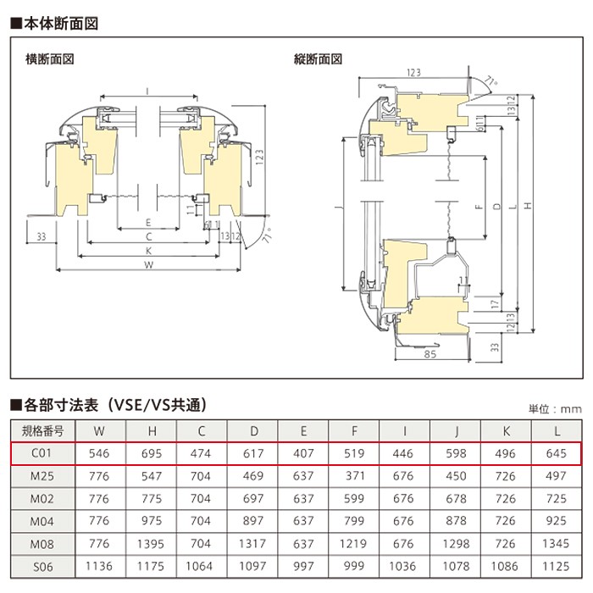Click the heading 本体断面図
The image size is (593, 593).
click(55, 24)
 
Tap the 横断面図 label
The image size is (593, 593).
click(49, 59)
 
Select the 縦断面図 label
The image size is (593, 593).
click(318, 59)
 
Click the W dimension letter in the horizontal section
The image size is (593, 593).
click(148, 264)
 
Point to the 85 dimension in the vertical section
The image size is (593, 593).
click(430, 354)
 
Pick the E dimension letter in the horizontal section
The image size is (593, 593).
click(148, 223)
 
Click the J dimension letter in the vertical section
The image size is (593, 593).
click(338, 208)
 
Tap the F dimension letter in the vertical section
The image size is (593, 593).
click(479, 206)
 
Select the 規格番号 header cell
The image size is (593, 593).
click(42, 430)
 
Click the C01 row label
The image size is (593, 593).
click(42, 452)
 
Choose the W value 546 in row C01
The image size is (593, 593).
click(99, 453)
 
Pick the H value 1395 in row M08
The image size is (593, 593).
click(151, 544)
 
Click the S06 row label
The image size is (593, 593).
click(42, 567)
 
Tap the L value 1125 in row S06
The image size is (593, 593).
click(556, 566)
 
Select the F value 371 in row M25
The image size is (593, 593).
click(354, 475)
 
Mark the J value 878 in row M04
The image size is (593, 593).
click(456, 521)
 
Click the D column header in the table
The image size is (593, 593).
click(254, 430)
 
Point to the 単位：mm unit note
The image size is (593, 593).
click(555, 409)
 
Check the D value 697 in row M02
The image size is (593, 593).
click(253, 498)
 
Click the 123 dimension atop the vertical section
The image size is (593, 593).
click(413, 72)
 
